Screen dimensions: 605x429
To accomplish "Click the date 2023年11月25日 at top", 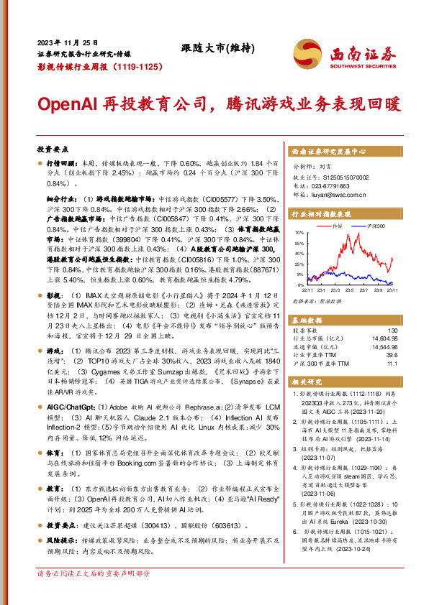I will coord(68,42).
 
